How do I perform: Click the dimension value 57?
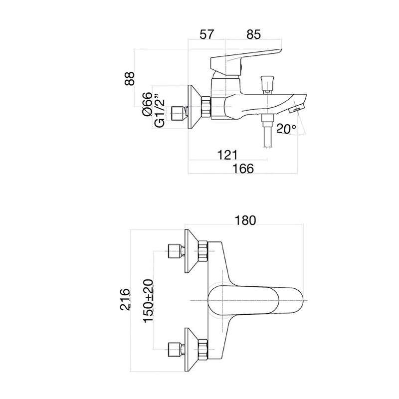click(206, 35)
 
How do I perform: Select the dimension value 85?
click(253, 35)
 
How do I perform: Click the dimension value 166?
click(242, 169)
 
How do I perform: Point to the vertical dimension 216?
click(125, 299)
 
